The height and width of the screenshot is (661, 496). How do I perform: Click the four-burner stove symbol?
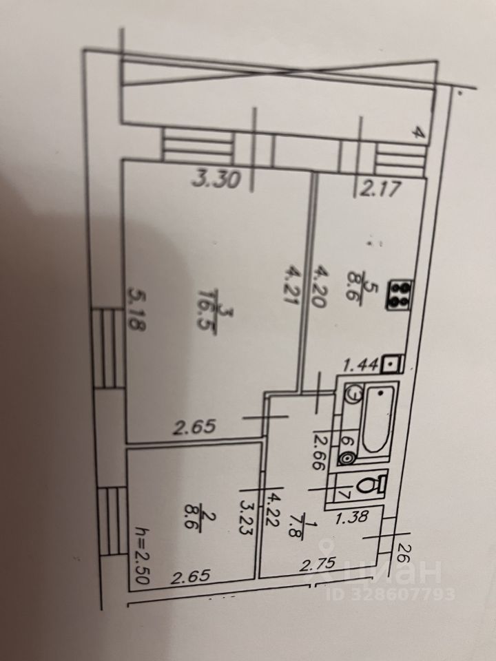pyautogui.click(x=400, y=294)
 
